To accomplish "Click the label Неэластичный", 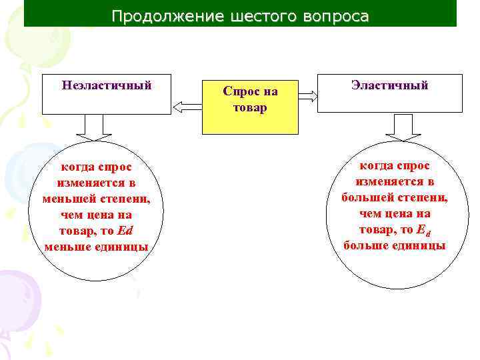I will (107, 85).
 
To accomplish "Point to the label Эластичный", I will (390, 85).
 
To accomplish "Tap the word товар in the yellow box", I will (250, 107).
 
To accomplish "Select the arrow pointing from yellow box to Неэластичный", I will (187, 105).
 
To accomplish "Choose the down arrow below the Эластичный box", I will (403, 127).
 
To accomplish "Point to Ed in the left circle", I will (125, 231).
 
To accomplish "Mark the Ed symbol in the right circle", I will (423, 230).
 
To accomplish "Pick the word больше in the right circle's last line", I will (365, 245).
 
